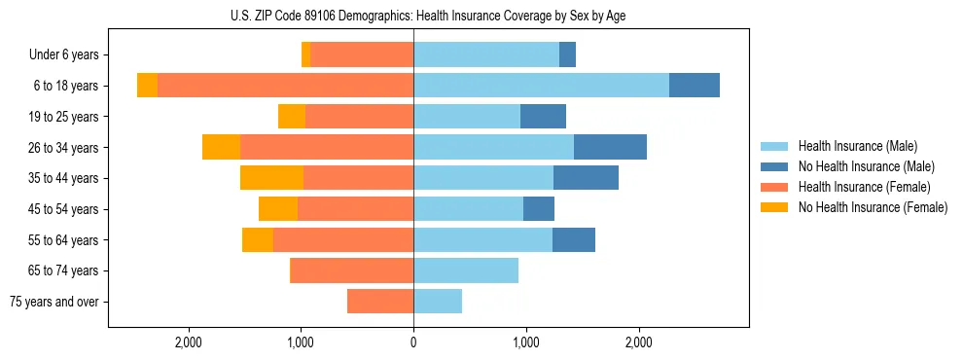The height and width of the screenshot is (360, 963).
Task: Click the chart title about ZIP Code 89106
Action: pyautogui.click(x=428, y=15)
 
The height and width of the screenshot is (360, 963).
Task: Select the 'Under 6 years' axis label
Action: pyautogui.click(x=63, y=55)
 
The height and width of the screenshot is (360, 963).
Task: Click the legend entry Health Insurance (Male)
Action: pyautogui.click(x=856, y=146)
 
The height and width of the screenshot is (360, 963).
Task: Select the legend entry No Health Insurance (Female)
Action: pyautogui.click(x=873, y=207)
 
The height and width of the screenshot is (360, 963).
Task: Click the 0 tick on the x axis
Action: pyautogui.click(x=413, y=342)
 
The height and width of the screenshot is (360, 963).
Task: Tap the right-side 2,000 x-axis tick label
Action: pyautogui.click(x=638, y=342)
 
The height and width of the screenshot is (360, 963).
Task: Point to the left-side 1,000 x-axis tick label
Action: pyautogui.click(x=301, y=342)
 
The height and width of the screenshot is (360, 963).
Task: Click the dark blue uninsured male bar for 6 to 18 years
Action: pyautogui.click(x=695, y=86)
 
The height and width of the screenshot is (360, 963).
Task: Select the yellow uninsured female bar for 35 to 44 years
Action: pyautogui.click(x=271, y=178)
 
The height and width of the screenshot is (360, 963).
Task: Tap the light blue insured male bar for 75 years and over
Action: pyautogui.click(x=438, y=302)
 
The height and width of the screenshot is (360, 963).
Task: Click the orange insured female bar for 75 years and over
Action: pyautogui.click(x=380, y=302)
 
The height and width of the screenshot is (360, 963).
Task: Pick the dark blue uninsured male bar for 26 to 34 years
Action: pyautogui.click(x=610, y=148)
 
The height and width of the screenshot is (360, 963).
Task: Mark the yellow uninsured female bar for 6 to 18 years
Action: pyautogui.click(x=147, y=86)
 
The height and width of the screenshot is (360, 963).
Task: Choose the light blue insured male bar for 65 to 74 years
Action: pyautogui.click(x=466, y=270)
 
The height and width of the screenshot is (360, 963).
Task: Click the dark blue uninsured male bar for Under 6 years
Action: pyautogui.click(x=567, y=55)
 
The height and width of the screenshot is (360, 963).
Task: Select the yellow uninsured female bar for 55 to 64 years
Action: pyautogui.click(x=258, y=240)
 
